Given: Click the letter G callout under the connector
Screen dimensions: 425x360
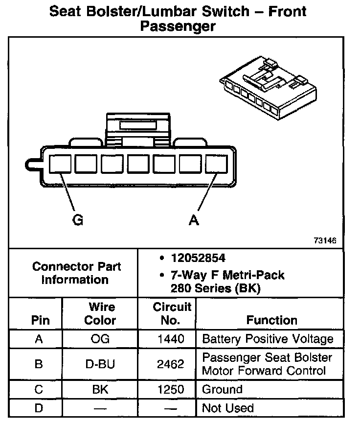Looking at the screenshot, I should pyautogui.click(x=77, y=220).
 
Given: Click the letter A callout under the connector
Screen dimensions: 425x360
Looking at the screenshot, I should pyautogui.click(x=194, y=220).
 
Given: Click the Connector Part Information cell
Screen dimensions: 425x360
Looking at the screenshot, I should pyautogui.click(x=77, y=273).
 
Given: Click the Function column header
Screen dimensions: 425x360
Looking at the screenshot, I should pyautogui.click(x=272, y=320).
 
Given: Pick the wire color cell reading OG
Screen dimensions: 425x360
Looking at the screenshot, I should pyautogui.click(x=100, y=339).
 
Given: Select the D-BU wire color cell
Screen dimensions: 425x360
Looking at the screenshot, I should pyautogui.click(x=100, y=364).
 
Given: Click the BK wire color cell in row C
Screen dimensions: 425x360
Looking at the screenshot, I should pyautogui.click(x=100, y=390).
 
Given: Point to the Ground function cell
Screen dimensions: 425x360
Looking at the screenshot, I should pyautogui.click(x=222, y=390).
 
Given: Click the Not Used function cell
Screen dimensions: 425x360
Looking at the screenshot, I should pyautogui.click(x=228, y=408).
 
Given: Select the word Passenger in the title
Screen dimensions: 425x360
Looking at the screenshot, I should pyautogui.click(x=178, y=26).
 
